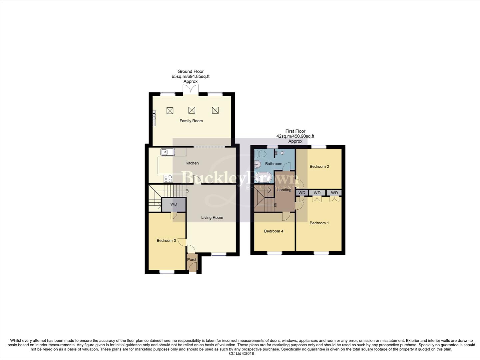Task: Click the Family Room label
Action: tap(191, 121)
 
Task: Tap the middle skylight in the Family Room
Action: tap(192, 110)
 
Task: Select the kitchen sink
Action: tap(168, 152)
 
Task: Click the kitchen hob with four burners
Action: tap(168, 179)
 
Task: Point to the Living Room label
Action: tap(212, 218)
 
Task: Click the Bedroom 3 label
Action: tap(166, 241)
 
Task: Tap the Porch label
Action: tap(192, 260)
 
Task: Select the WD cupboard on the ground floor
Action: tap(174, 204)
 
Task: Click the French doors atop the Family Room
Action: tap(191, 89)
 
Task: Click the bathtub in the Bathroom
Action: tap(263, 177)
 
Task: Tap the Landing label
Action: tap(284, 190)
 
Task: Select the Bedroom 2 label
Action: tap(319, 167)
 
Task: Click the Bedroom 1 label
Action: tap(319, 223)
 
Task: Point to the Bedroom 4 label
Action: tap(273, 231)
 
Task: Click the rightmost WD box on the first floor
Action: tap(334, 193)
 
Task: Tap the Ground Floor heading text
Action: tap(190, 71)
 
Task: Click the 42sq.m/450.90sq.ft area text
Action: tap(295, 136)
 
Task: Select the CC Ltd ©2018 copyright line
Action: tap(241, 354)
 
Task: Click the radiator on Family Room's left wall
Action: tap(154, 118)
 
